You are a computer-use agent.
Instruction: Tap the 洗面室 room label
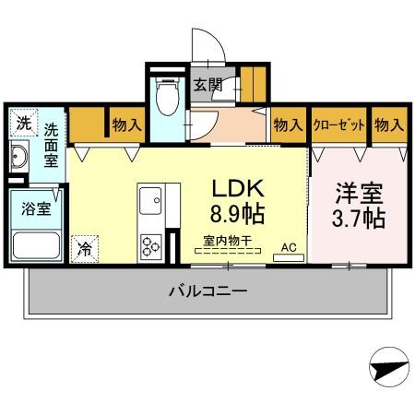click(x=52, y=146)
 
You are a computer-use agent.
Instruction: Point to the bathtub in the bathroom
click(x=36, y=244)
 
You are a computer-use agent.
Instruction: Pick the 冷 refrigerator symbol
click(x=85, y=246)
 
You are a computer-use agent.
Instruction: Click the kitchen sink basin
click(x=149, y=199)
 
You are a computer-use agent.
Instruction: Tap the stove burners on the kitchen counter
click(x=149, y=244)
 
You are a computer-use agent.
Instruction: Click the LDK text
click(x=239, y=188)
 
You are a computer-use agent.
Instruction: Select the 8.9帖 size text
click(x=239, y=218)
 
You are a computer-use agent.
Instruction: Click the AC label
click(x=288, y=246)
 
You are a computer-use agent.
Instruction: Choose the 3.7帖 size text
click(x=359, y=220)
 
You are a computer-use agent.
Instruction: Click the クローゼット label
click(x=338, y=125)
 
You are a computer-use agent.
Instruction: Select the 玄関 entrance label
click(x=207, y=86)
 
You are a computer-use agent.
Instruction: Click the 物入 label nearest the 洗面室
click(x=125, y=125)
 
